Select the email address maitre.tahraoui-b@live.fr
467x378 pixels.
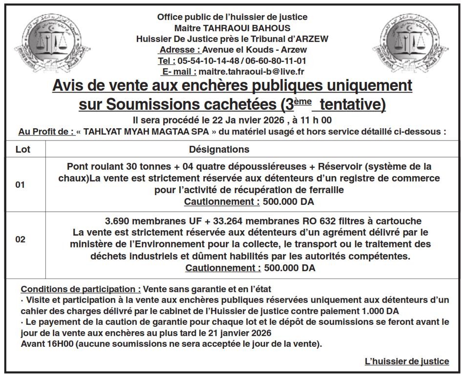coord(251,72)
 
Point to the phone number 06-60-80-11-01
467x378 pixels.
coord(276,61)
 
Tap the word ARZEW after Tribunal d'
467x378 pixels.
coord(311,39)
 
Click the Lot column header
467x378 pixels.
coord(23,149)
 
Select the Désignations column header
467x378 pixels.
coord(219,149)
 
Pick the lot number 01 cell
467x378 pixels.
coord(21,185)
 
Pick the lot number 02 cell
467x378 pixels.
coord(21,239)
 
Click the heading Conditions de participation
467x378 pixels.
coord(81,289)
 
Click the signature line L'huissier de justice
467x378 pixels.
coord(407,361)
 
